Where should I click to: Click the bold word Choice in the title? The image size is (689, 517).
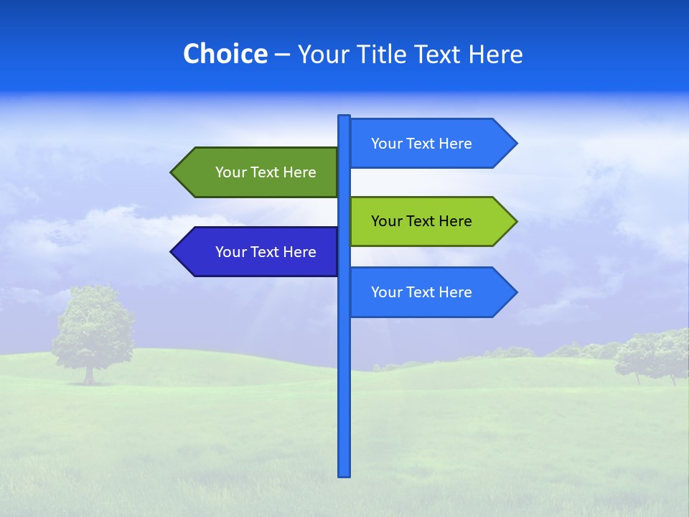click(x=225, y=54)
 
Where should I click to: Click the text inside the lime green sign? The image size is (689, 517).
click(x=421, y=221)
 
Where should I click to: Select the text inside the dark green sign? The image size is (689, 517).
click(x=266, y=172)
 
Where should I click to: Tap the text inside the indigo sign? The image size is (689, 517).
click(x=266, y=252)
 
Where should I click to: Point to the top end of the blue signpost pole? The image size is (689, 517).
click(x=344, y=118)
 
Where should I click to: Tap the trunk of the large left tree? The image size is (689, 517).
click(x=89, y=375)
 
